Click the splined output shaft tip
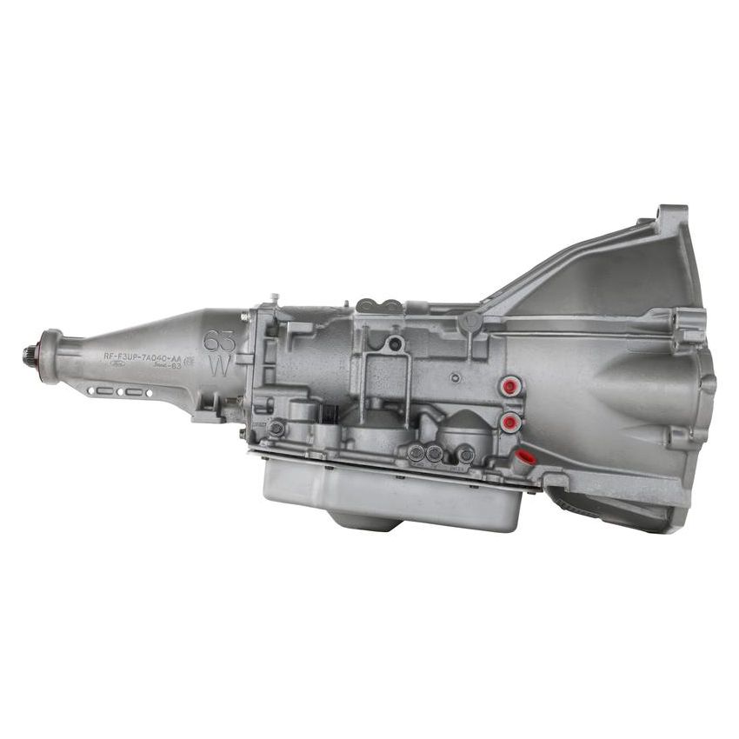pyautogui.click(x=29, y=354)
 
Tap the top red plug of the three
pyautogui.click(x=510, y=385)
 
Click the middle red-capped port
pyautogui.click(x=510, y=423)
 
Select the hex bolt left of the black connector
pyautogui.click(x=276, y=429)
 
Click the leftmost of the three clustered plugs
pyautogui.click(x=416, y=452)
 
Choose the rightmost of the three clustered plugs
pyautogui.click(x=465, y=453)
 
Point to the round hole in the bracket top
pyautogui.click(x=396, y=343)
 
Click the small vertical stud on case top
pyautogui.click(x=273, y=298)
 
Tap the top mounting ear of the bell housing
pyautogui.click(x=672, y=215)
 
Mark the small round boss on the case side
pyautogui.click(x=454, y=378)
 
